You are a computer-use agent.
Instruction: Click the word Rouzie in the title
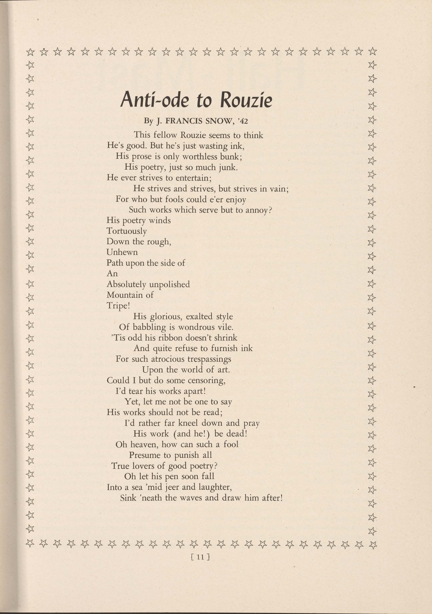coord(246,100)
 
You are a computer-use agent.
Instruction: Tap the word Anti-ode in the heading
coord(154,99)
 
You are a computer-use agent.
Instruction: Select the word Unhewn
coord(122,252)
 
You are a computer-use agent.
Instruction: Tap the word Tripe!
coord(118,306)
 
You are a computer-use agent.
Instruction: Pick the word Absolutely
coord(126,284)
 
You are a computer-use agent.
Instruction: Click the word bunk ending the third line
coord(231,156)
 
